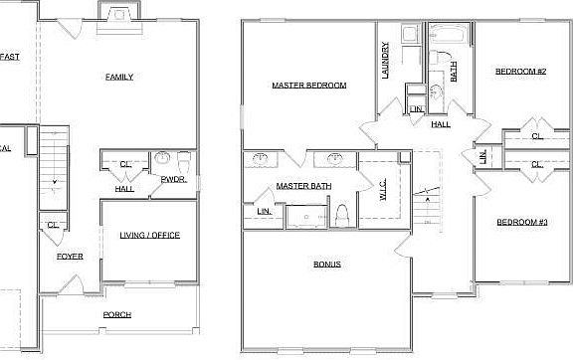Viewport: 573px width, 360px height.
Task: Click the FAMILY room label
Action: click(x=119, y=77)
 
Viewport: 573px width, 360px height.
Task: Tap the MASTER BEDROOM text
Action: click(x=308, y=86)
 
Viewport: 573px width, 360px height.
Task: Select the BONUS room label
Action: click(x=327, y=264)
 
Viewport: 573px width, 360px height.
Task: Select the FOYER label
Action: click(x=69, y=257)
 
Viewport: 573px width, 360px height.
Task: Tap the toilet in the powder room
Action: click(x=183, y=159)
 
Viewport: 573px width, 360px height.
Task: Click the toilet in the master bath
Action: click(x=341, y=214)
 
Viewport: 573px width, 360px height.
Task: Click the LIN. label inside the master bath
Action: click(x=264, y=210)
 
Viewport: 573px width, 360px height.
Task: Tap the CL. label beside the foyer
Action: click(x=53, y=226)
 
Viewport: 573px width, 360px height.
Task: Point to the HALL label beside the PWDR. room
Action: click(x=124, y=188)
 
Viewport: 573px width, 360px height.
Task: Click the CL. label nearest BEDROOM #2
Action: click(x=537, y=136)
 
